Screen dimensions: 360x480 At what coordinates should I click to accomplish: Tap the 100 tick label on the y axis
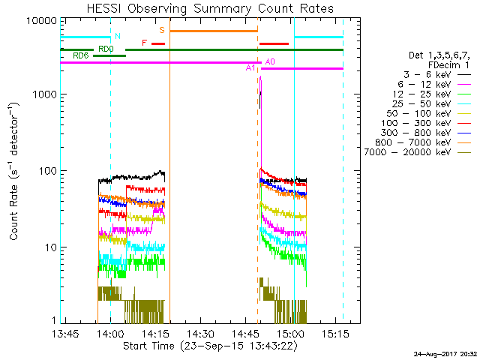(46, 171)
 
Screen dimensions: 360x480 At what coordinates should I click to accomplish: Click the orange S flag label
(162, 29)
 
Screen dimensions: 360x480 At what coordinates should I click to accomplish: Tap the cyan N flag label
(116, 35)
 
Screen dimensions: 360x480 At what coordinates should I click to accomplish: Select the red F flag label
(145, 43)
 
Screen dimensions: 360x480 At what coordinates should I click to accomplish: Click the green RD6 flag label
(81, 55)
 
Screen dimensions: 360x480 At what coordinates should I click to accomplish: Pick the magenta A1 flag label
(251, 68)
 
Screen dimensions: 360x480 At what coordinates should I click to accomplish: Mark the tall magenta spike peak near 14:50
(260, 78)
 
